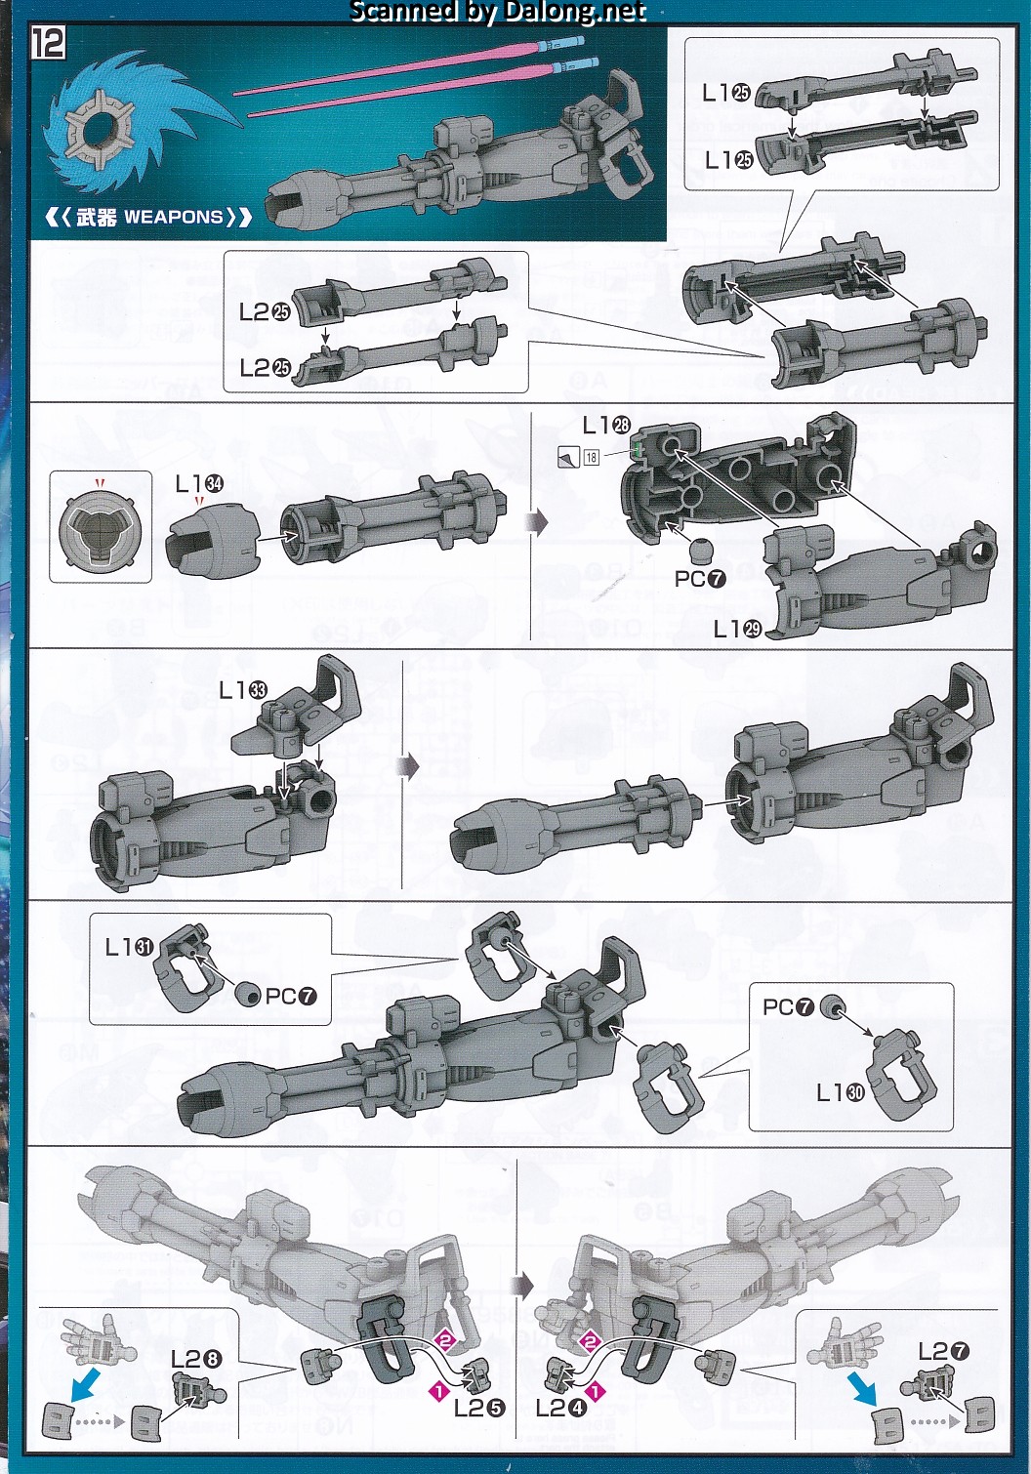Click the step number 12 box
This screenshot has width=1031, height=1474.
tap(48, 43)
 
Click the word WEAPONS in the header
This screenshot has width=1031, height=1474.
tap(174, 217)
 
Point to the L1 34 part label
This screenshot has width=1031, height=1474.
tap(199, 484)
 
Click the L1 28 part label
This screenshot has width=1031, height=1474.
tap(606, 426)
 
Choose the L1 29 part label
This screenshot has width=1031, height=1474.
tap(737, 630)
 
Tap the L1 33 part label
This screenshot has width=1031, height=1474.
tap(242, 690)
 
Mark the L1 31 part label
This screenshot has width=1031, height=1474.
tap(129, 947)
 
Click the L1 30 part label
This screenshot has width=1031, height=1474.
tap(840, 1092)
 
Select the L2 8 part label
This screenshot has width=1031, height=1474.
tap(195, 1359)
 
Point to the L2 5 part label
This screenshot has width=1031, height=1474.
tap(478, 1408)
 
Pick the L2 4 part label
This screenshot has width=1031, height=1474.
tap(561, 1408)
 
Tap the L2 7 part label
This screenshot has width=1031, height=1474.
tap(943, 1351)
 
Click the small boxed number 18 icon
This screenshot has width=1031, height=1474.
tap(592, 458)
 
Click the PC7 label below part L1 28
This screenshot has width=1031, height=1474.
tap(700, 579)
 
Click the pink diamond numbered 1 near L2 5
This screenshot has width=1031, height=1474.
tap(438, 1390)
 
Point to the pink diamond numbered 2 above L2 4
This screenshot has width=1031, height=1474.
tap(589, 1341)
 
